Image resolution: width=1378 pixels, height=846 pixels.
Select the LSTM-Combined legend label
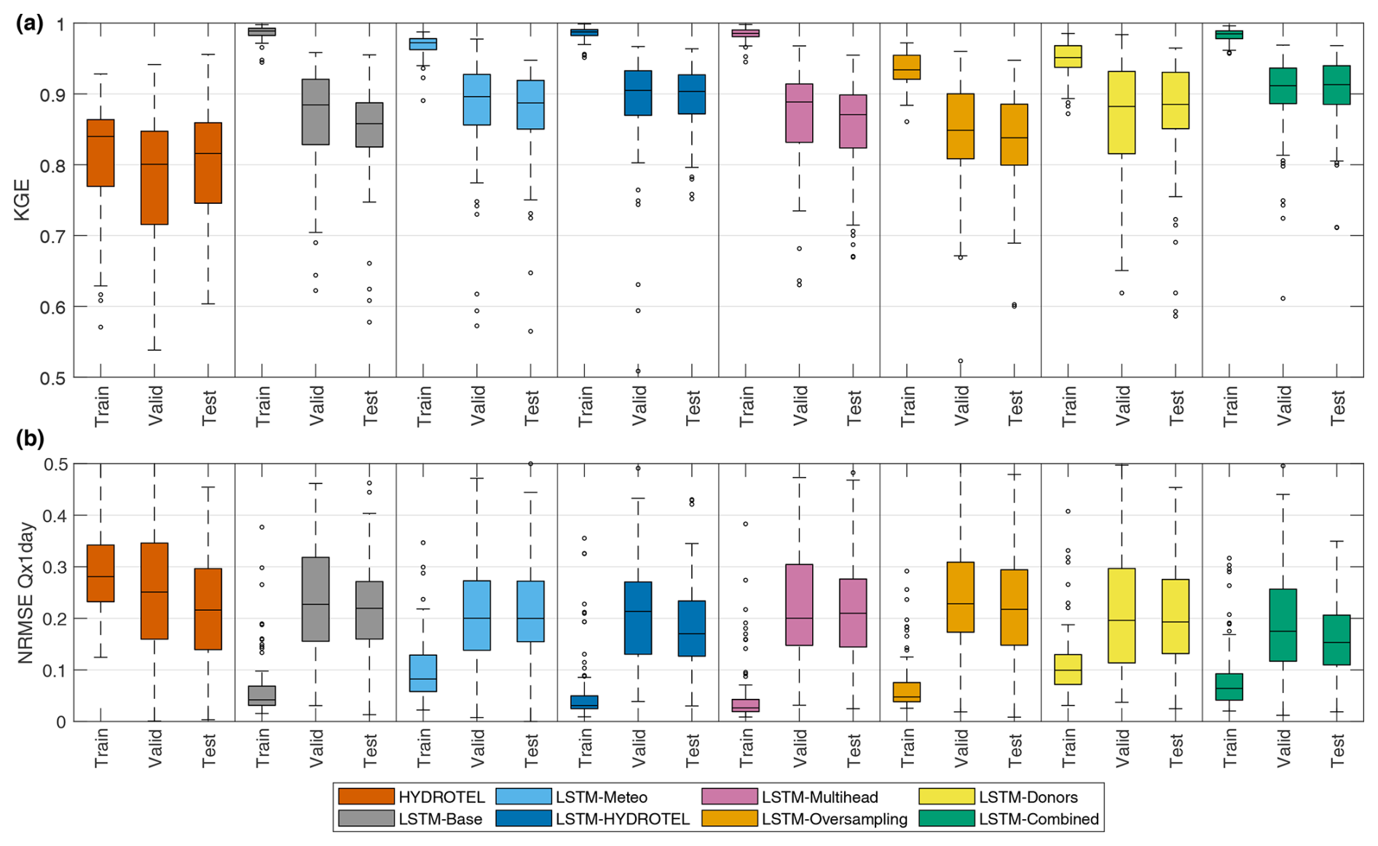(x=1038, y=819)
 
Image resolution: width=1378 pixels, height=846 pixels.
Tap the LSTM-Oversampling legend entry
(x=834, y=819)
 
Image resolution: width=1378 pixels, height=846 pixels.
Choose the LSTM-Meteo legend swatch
(x=523, y=796)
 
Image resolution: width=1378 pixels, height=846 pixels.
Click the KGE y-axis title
(x=23, y=199)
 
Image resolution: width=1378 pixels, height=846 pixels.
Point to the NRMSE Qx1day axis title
(x=25, y=593)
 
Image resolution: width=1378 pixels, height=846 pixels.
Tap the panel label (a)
(x=30, y=23)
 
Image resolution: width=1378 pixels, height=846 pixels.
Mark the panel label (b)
(x=30, y=438)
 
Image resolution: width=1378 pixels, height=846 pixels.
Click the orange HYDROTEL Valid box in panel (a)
(x=154, y=178)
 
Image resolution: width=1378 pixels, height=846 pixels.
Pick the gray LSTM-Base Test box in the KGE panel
(x=369, y=124)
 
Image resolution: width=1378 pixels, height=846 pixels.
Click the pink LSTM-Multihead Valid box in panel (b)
(x=799, y=605)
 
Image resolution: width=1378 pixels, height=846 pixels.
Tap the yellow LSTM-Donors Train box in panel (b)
(x=1068, y=669)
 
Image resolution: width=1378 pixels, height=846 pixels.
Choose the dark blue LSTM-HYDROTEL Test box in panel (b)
(x=692, y=628)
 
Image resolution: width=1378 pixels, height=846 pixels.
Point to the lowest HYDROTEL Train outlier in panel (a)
(x=101, y=327)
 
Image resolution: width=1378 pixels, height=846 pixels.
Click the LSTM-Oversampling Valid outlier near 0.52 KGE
(x=960, y=361)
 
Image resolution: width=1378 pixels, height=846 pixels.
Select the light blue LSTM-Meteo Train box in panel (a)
(x=423, y=44)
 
